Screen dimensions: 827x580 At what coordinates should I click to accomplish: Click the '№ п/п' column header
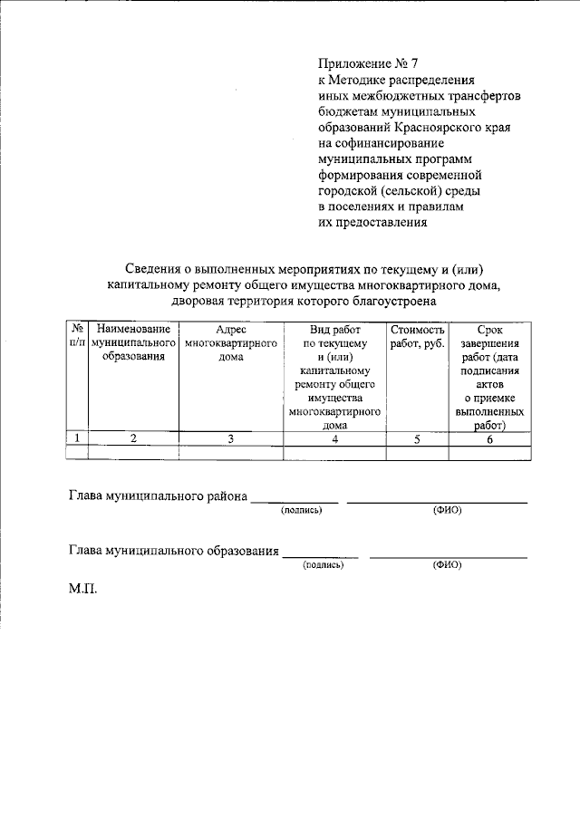78,337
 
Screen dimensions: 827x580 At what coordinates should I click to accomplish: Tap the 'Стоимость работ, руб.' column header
417,337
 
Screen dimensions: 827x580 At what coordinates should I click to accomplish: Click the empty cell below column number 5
417,453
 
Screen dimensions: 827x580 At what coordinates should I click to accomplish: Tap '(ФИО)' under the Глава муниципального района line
447,510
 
